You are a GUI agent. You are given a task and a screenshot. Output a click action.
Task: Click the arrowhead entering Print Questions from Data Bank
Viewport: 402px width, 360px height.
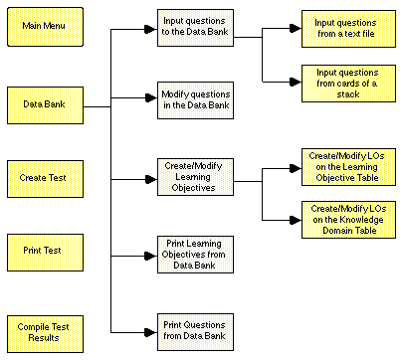(151, 329)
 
